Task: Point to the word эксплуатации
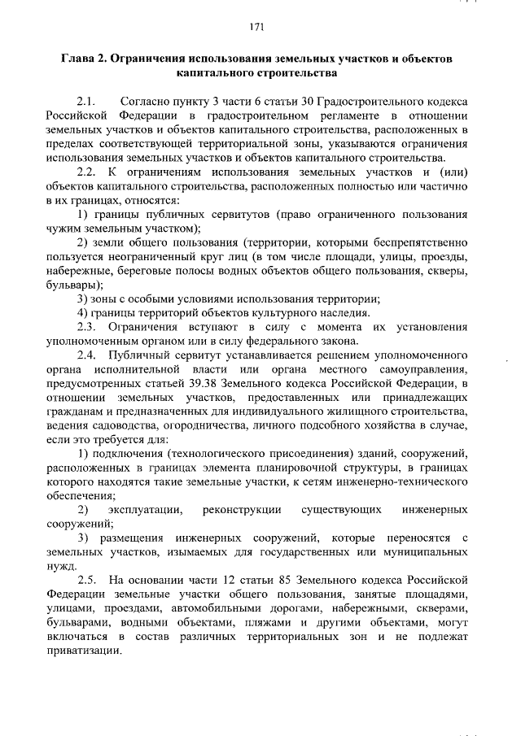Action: [147, 509]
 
